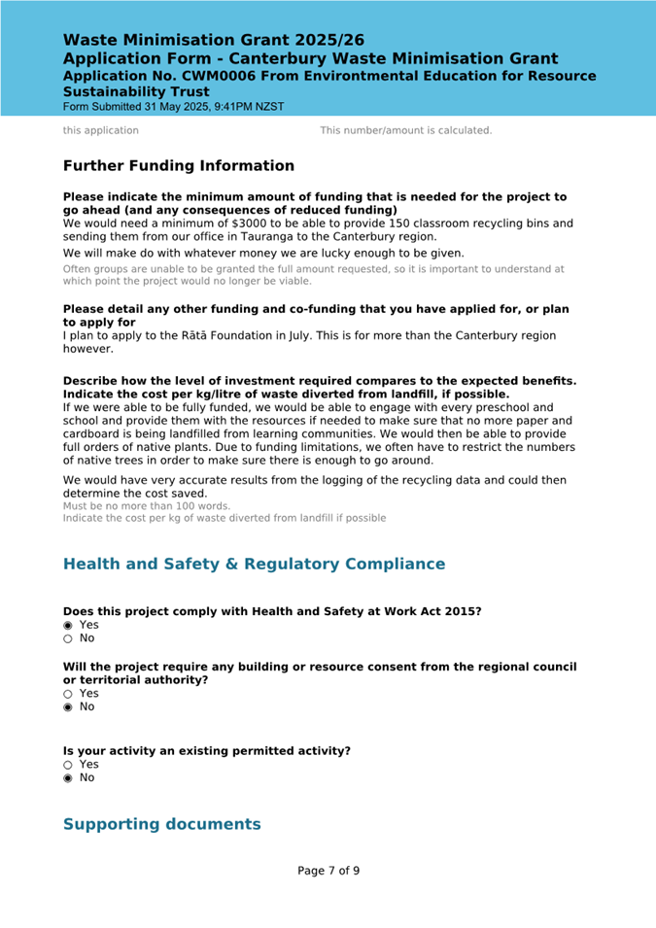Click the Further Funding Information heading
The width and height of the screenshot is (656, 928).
pos(179,166)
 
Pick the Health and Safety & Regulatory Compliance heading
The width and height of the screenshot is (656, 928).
pos(254,564)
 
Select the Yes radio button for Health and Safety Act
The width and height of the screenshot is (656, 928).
pos(68,625)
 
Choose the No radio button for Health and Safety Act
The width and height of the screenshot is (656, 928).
pos(68,638)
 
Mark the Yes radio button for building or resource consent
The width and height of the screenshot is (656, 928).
pos(68,694)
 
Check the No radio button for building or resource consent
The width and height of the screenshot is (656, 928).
pos(68,706)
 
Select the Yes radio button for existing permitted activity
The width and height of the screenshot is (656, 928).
pos(68,765)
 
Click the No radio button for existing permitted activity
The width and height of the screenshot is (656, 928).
pos(68,777)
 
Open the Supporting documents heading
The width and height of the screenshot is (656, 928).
pos(161,824)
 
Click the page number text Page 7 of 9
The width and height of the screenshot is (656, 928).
pos(328,870)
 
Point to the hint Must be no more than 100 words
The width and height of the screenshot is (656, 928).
pos(147,506)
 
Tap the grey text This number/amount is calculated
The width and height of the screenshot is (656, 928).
pos(406,130)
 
